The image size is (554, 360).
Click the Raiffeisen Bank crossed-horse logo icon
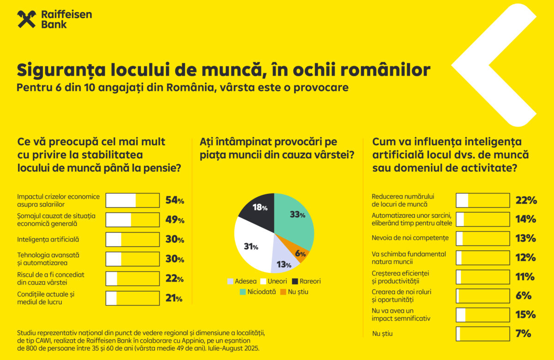click(x=27, y=19)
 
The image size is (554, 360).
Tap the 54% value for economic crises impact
click(x=175, y=200)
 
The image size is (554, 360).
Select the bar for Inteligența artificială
click(x=132, y=240)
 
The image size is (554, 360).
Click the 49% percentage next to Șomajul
click(x=175, y=220)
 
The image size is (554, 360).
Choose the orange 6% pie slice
click(x=301, y=253)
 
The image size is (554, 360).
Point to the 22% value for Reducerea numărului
click(x=526, y=200)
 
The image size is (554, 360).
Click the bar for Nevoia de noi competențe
click(x=483, y=239)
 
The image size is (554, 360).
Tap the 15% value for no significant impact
click(x=526, y=315)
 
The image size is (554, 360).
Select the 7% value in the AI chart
click(x=523, y=334)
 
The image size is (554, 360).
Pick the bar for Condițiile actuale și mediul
click(x=132, y=298)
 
